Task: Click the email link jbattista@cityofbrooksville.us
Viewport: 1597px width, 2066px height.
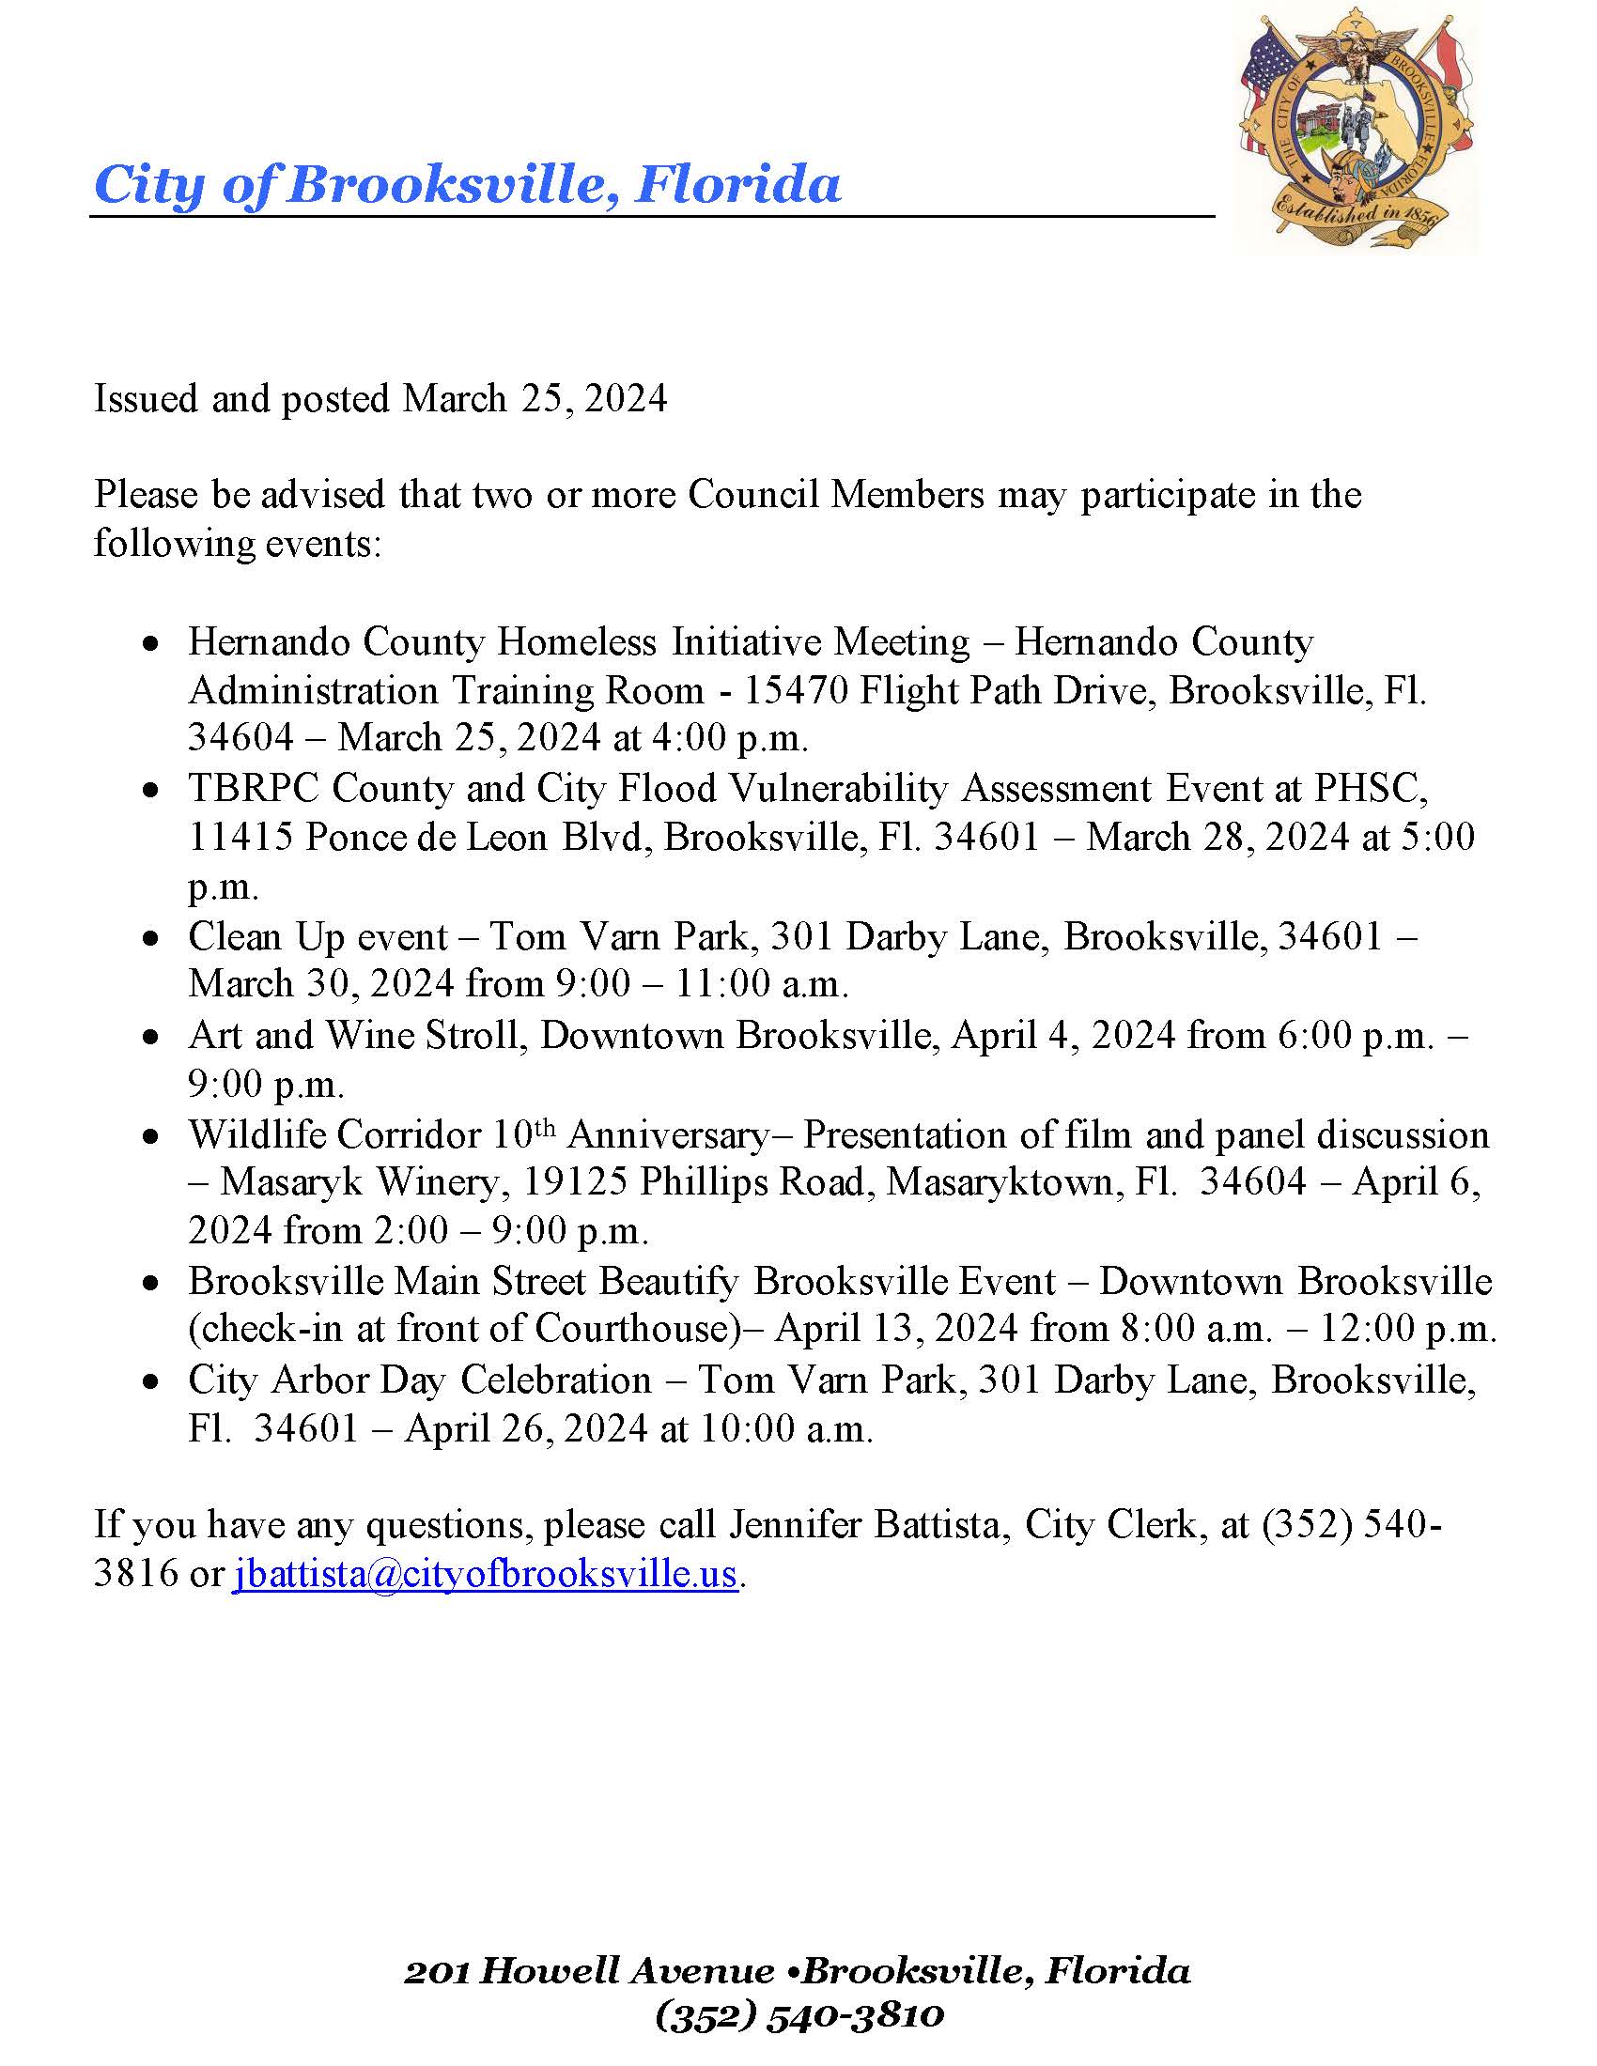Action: pyautogui.click(x=485, y=1572)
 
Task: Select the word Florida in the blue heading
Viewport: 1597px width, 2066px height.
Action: pyautogui.click(x=737, y=183)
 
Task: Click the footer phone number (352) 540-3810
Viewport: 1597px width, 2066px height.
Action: pyautogui.click(x=798, y=2015)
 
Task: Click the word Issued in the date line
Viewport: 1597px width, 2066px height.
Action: pyautogui.click(x=147, y=398)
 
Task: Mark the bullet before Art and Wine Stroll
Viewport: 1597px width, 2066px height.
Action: pyautogui.click(x=151, y=1038)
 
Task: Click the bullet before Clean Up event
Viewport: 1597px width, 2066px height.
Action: pyautogui.click(x=151, y=938)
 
